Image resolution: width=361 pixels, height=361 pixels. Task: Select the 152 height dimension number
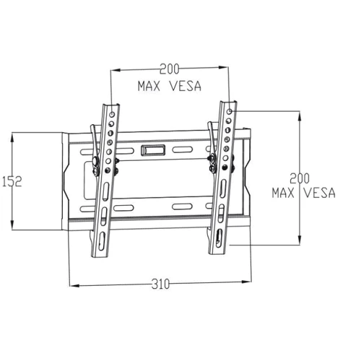coord(12,181)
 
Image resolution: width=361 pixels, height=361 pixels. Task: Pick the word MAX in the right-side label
coord(284,193)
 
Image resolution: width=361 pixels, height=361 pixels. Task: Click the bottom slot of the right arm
coord(219,238)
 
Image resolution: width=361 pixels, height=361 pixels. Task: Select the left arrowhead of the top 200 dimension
coord(112,70)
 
